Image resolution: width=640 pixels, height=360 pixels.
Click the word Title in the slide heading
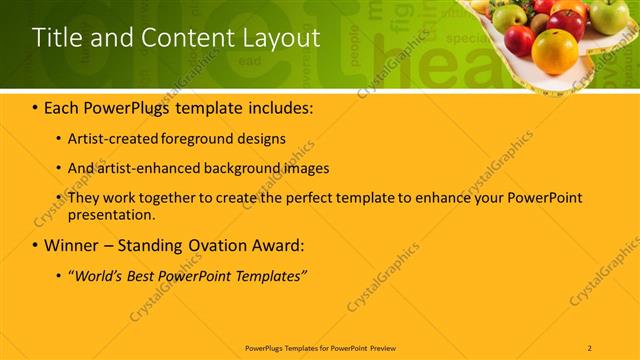[x=56, y=38]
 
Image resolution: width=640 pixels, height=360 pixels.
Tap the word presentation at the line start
[x=110, y=214]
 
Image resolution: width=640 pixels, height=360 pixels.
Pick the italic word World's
[x=97, y=274]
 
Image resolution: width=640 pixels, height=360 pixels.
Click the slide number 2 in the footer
[x=590, y=347]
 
